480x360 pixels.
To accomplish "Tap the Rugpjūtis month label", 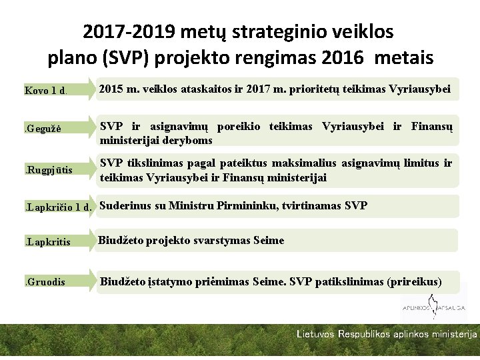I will pyautogui.click(x=49, y=170).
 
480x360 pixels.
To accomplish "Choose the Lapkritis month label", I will pyautogui.click(x=47, y=242).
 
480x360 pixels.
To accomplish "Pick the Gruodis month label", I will pyautogui.click(x=45, y=282).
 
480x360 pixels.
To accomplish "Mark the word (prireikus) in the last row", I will pyautogui.click(x=414, y=281).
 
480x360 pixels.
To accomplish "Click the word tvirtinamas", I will pyautogui.click(x=311, y=205).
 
